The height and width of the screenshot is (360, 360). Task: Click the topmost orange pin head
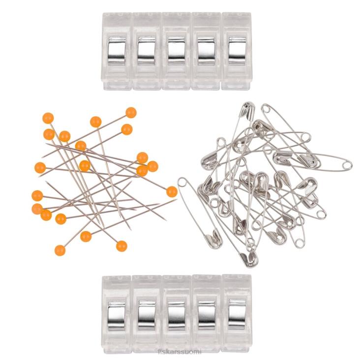(131, 113)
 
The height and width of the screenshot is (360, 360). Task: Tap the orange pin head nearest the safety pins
(172, 192)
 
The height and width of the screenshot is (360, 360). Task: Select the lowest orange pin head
(60, 250)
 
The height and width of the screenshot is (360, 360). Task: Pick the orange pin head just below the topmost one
(127, 129)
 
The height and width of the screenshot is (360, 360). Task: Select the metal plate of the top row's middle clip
(176, 50)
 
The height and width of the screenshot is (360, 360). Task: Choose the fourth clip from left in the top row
(207, 52)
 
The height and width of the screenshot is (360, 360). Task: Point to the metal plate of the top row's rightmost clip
(236, 50)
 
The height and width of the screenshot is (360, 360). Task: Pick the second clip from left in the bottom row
(146, 315)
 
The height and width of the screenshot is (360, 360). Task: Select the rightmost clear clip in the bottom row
(237, 315)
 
